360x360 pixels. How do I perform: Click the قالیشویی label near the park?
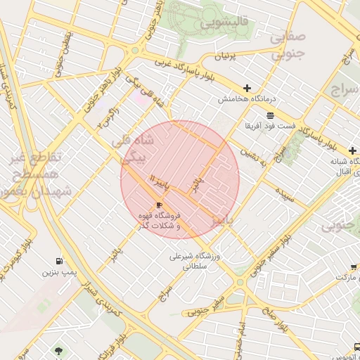(226, 22)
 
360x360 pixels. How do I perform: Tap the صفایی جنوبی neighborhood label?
(289, 44)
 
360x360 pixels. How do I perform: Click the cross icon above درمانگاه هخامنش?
(247, 88)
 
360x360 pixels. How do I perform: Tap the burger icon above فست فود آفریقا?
(271, 115)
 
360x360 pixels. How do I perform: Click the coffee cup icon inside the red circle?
(159, 205)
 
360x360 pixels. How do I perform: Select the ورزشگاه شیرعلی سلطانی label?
(195, 262)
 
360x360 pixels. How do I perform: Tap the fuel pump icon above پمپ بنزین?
(58, 261)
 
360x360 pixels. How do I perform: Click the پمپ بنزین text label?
(58, 272)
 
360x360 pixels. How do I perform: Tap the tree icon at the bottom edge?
(58, 350)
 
